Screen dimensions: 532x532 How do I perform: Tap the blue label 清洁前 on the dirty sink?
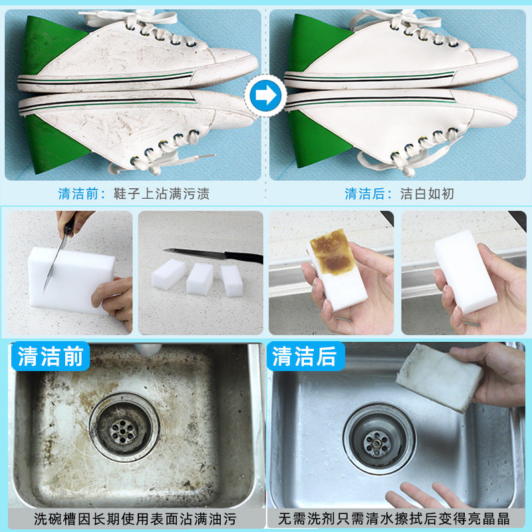click(x=50, y=357)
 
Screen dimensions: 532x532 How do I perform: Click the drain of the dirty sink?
click(x=124, y=426)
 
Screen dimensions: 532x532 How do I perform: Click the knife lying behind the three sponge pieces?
click(x=213, y=255)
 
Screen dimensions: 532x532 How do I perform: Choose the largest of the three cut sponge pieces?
click(x=168, y=274)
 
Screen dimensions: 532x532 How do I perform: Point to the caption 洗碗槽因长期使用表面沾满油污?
click(x=132, y=518)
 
